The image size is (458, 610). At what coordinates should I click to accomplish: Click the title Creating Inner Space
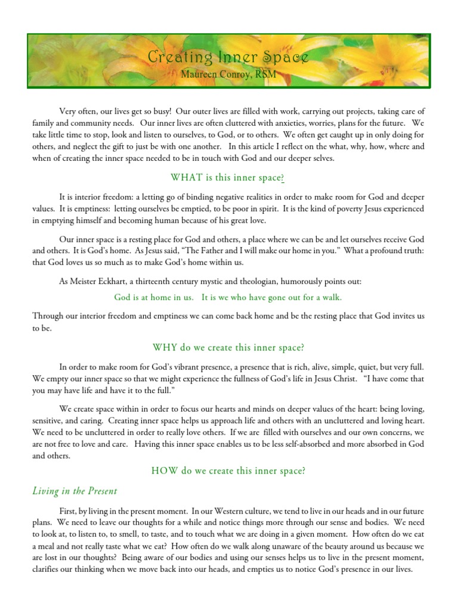pyautogui.click(x=228, y=57)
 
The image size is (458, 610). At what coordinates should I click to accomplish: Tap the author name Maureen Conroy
pyautogui.click(x=215, y=74)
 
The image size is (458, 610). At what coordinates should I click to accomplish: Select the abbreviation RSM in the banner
pyautogui.click(x=264, y=74)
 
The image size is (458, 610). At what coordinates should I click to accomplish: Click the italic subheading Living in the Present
pyautogui.click(x=75, y=491)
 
